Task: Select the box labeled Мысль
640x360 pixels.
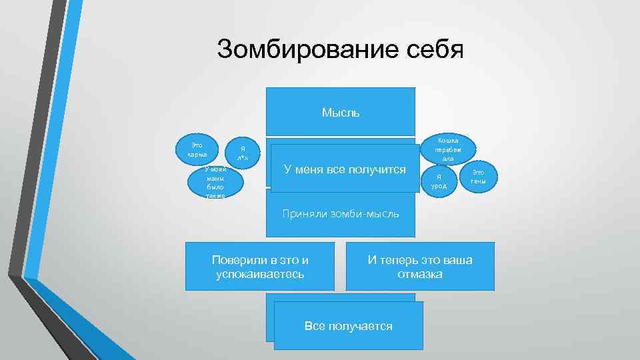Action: coord(341,112)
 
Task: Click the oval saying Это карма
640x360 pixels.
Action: coord(197,150)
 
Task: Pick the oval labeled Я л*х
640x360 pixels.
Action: coord(243,153)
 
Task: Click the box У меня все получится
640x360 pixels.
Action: coord(345,169)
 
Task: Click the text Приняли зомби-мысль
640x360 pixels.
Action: coord(341,214)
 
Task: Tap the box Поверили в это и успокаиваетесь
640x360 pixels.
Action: coord(259,266)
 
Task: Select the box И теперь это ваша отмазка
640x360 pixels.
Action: coord(420,266)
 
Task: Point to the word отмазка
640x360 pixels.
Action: coord(420,273)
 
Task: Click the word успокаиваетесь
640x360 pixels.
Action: coord(260,273)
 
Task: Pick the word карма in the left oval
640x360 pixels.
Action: coord(197,155)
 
